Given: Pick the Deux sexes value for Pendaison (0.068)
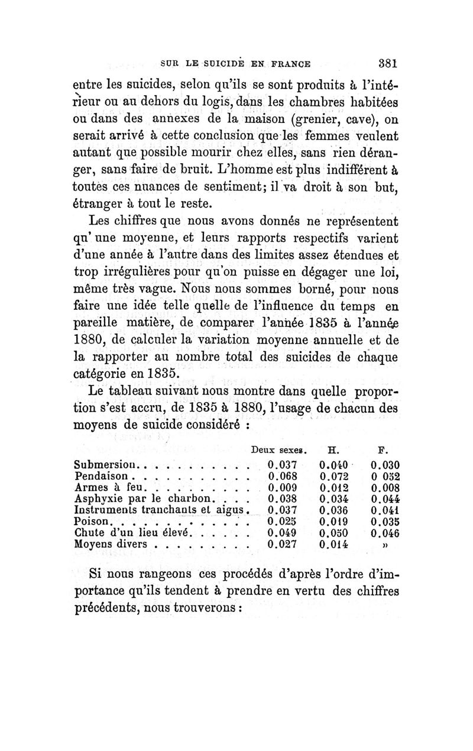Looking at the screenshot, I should coord(281,475).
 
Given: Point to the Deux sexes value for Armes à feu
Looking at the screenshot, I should coord(281,487).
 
